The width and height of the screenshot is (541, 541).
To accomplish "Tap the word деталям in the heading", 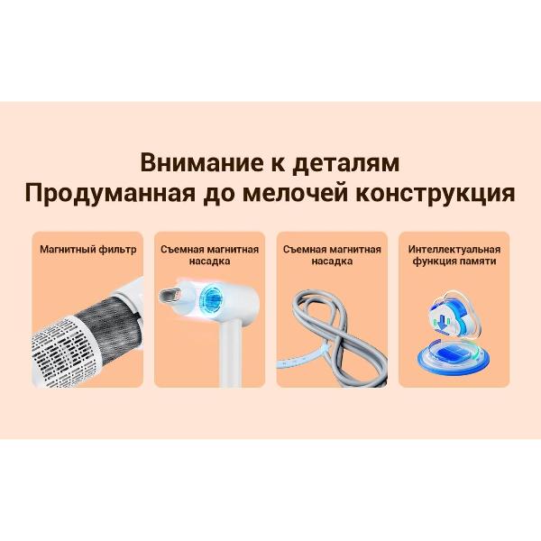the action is point(346,163).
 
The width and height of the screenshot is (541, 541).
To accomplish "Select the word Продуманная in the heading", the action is point(110,193).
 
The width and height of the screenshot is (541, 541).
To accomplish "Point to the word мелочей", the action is point(295,193).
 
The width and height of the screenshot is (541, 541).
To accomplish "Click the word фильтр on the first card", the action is point(117,250).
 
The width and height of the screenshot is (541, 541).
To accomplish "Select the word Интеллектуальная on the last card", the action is point(454,250).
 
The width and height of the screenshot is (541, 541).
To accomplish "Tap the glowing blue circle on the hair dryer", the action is point(210,297).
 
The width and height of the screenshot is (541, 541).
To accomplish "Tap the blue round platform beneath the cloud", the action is point(454,358).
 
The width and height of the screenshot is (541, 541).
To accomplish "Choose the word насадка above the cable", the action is point(332,261).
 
